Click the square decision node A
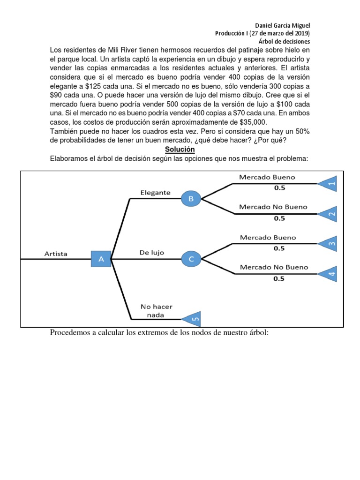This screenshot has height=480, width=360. [x=101, y=258]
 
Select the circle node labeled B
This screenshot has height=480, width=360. [x=191, y=199]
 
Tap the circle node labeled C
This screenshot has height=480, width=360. [x=191, y=258]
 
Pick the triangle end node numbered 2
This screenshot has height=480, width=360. [x=329, y=214]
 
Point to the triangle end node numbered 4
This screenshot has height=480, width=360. [x=329, y=274]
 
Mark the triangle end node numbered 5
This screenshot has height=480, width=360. [x=193, y=320]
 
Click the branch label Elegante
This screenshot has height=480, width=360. [x=156, y=192]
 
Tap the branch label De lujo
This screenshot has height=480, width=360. [x=151, y=253]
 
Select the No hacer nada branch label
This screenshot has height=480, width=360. [x=157, y=311]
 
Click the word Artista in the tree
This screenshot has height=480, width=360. [x=56, y=254]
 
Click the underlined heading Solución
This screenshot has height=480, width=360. [x=180, y=149]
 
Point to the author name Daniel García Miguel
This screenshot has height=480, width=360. [x=282, y=25]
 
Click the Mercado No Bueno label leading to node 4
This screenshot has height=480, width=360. [x=274, y=267]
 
